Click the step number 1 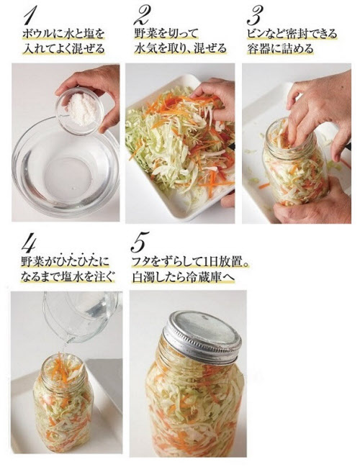[32, 16]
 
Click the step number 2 [141, 16]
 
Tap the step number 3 [254, 16]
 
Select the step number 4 [30, 242]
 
